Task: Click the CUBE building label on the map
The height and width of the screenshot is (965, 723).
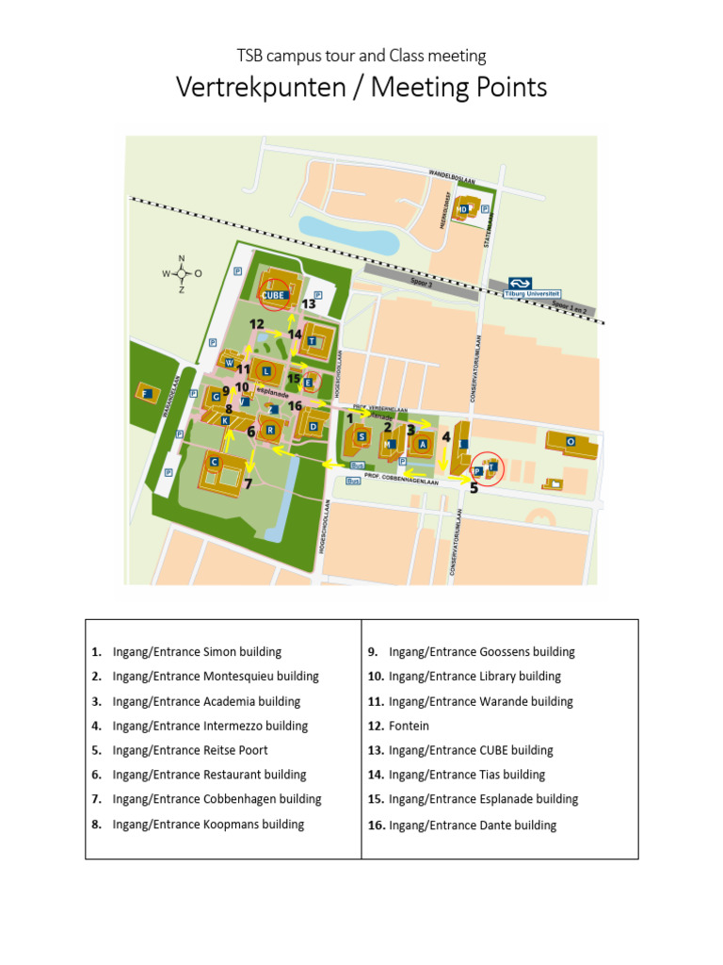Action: [273, 295]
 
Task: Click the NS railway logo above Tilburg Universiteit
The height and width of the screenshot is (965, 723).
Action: [521, 282]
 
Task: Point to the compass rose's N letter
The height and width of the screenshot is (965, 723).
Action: [182, 259]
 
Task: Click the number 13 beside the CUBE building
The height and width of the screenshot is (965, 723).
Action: [309, 303]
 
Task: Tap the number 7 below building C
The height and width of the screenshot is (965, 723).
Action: [248, 484]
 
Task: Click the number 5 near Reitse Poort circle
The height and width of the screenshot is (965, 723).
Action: [474, 487]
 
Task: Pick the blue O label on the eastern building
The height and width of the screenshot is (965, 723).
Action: [570, 441]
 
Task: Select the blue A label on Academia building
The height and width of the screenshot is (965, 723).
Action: [423, 443]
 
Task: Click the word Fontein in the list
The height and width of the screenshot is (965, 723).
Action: [409, 726]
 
